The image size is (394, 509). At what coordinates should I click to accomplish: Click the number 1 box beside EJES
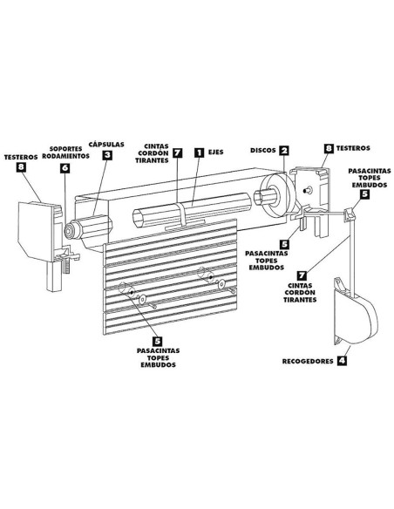pyautogui.click(x=199, y=153)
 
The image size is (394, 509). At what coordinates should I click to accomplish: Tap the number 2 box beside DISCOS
pyautogui.click(x=284, y=150)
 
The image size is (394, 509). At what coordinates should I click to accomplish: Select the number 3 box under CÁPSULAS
pyautogui.click(x=107, y=155)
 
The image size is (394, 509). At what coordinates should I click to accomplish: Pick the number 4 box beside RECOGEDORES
pyautogui.click(x=342, y=361)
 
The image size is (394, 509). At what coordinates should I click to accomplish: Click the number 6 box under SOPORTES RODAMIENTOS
pyautogui.click(x=65, y=168)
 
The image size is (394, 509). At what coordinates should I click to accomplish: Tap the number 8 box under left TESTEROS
pyautogui.click(x=21, y=166)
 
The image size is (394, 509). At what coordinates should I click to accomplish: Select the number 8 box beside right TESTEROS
pyautogui.click(x=329, y=148)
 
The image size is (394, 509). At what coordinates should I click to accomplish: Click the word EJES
pyautogui.click(x=215, y=152)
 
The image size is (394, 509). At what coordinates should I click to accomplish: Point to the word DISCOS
pyautogui.click(x=263, y=150)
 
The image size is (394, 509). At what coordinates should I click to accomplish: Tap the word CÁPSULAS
pyautogui.click(x=106, y=144)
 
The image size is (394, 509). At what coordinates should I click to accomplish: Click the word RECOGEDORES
pyautogui.click(x=308, y=361)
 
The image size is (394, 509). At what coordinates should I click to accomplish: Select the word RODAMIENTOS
pyautogui.click(x=66, y=156)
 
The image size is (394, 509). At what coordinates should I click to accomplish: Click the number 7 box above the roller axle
pyautogui.click(x=178, y=153)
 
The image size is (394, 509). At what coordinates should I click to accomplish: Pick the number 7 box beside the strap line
pyautogui.click(x=302, y=275)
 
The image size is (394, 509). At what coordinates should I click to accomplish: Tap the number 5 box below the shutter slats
pyautogui.click(x=158, y=341)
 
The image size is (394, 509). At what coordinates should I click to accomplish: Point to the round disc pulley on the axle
pyautogui.click(x=278, y=196)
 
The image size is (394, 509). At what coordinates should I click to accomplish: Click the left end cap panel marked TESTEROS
pyautogui.click(x=37, y=231)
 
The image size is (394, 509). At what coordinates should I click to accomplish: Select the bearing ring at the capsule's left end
pyautogui.click(x=70, y=230)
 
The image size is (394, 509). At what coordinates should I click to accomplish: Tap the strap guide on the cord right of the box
pyautogui.click(x=349, y=215)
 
